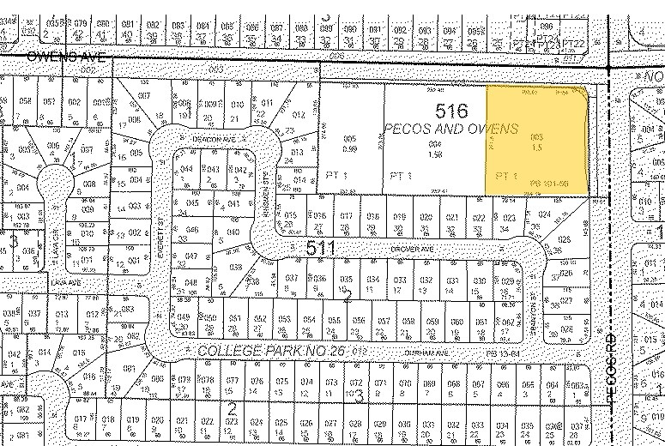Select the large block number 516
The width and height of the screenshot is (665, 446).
(x=451, y=111)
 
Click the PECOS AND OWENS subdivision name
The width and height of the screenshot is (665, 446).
(x=451, y=129)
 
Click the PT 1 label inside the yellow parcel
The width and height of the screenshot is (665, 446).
(x=505, y=176)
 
